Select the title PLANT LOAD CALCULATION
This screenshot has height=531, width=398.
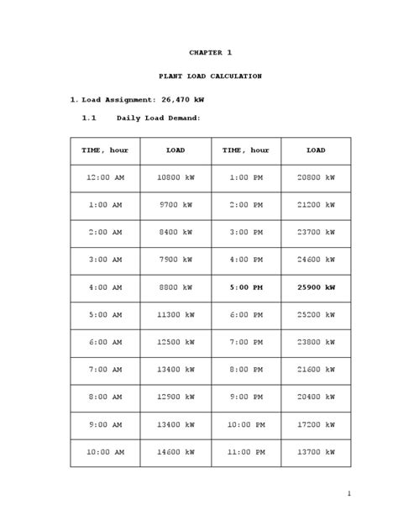(210, 76)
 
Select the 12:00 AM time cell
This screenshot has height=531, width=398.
(105, 177)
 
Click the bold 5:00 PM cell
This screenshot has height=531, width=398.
(245, 287)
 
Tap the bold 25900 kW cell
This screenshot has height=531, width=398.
(316, 287)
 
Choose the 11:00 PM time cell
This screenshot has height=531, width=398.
(245, 451)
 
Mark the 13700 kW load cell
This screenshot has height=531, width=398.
(316, 451)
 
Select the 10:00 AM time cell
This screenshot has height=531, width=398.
(105, 451)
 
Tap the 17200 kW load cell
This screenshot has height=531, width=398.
(316, 424)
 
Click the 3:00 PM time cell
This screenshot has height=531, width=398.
(245, 232)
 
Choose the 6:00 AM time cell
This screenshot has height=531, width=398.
(105, 342)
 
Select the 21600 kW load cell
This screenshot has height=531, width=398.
(316, 370)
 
